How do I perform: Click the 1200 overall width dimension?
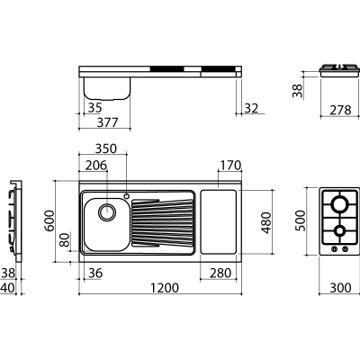point(165,288)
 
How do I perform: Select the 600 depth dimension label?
point(49,220)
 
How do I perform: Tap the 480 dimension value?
point(266,222)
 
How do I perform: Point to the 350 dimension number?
point(105,148)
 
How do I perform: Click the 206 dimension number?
point(96,166)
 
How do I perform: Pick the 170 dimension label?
point(230,166)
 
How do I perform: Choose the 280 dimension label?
point(220,274)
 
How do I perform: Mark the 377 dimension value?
point(108,122)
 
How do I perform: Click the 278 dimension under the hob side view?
point(340,111)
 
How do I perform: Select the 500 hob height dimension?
point(301,220)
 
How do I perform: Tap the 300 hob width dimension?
point(340,288)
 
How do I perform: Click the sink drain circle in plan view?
point(107,212)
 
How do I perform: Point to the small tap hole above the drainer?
point(126,196)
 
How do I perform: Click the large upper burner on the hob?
point(339,204)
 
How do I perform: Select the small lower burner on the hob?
point(340,230)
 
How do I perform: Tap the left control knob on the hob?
point(334,248)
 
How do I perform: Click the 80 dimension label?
point(65,240)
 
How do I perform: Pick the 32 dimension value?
point(251,108)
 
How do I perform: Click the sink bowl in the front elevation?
point(107,88)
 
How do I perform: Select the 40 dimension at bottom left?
point(7,288)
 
